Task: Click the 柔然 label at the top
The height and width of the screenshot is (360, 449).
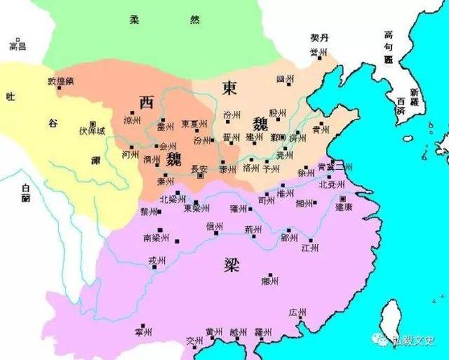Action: tap(165, 20)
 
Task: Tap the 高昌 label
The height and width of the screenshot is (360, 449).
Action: tap(17, 46)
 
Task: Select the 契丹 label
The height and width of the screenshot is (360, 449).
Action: tap(318, 37)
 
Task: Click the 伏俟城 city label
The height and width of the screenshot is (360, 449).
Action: tap(91, 132)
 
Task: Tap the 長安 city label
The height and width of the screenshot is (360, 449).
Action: tap(199, 169)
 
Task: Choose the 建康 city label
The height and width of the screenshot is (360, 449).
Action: tap(343, 207)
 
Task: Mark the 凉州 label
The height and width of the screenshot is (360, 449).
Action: tap(132, 120)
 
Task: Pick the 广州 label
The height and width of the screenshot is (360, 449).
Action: tap(298, 312)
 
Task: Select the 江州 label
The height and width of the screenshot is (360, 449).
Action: tap(310, 248)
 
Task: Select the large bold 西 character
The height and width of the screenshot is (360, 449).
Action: tap(146, 102)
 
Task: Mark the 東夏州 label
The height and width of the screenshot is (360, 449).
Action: tap(194, 123)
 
